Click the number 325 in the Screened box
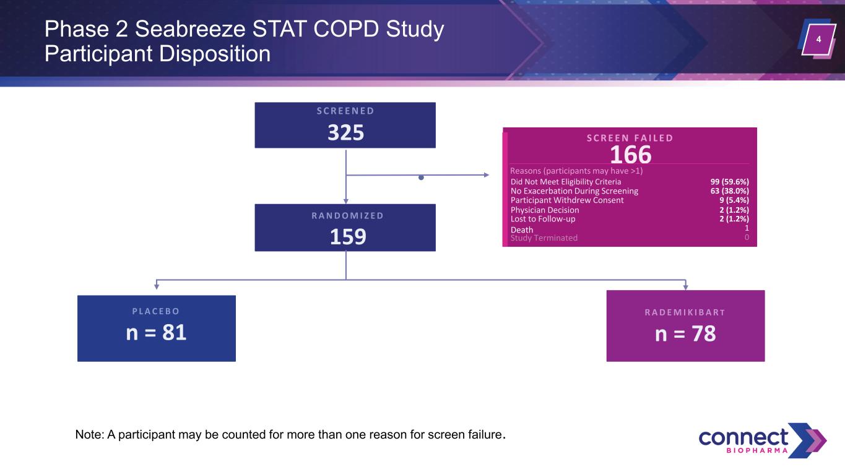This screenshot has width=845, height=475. [x=345, y=133]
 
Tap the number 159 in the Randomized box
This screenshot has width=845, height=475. [x=348, y=237]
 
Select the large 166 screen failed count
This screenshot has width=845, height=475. [x=630, y=155]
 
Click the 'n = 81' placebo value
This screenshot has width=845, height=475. [x=156, y=333]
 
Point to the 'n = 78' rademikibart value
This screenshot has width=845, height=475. [x=685, y=333]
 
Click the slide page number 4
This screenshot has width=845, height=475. [x=818, y=39]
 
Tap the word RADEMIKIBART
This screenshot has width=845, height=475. [x=685, y=312]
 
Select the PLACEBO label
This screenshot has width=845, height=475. [x=156, y=311]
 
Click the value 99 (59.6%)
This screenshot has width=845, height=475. [x=730, y=182]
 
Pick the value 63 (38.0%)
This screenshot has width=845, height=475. [x=730, y=190]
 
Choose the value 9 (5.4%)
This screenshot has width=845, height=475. [x=734, y=200]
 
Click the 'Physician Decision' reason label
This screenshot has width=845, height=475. [x=545, y=210]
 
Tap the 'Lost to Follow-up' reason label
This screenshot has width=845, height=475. [x=543, y=219]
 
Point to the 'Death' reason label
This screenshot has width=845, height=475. [x=522, y=229]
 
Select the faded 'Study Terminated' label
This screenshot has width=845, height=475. [x=544, y=238]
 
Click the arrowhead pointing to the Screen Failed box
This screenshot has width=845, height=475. [x=487, y=175]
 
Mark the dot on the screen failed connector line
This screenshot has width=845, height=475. [x=421, y=178]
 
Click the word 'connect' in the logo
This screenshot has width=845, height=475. [x=743, y=437]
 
